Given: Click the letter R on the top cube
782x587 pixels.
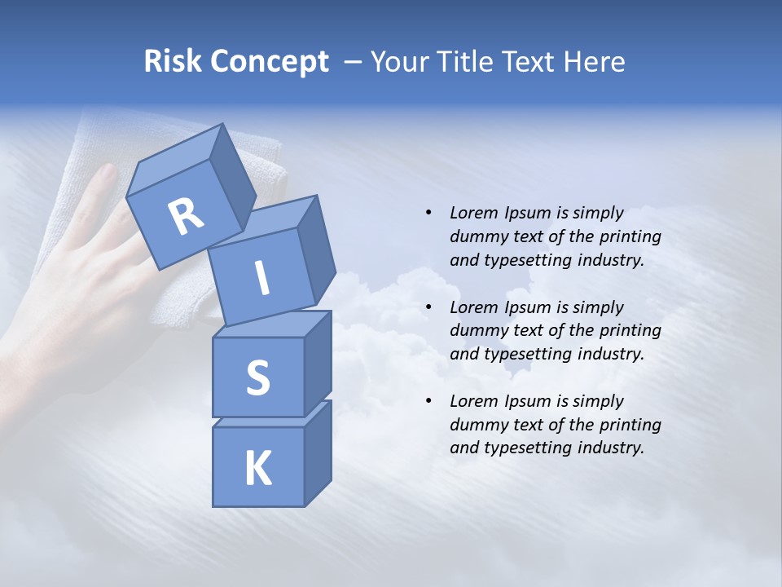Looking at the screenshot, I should click(186, 216).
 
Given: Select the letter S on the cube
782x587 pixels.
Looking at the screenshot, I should click(257, 377).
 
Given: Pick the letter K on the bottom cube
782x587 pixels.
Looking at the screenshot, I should click(257, 468).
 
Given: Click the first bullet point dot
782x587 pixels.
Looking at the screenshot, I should click(428, 213).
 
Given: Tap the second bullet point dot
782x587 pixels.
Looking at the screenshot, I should click(428, 307).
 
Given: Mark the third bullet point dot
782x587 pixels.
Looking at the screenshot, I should click(428, 401).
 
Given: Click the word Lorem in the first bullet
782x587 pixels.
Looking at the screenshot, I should click(472, 213).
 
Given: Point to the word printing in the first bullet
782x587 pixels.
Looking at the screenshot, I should click(630, 236).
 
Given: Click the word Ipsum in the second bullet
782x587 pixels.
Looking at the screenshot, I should click(527, 307).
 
